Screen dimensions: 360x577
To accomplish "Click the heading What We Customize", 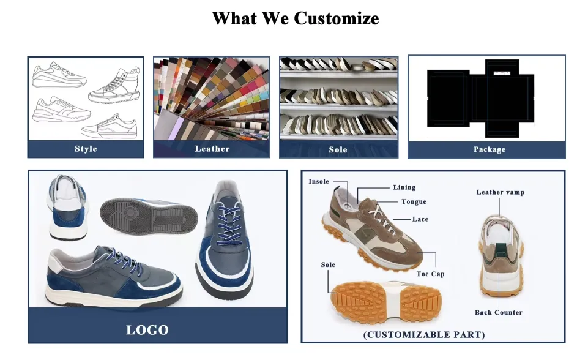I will (x=295, y=18).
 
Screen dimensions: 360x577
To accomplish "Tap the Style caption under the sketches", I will (x=86, y=149).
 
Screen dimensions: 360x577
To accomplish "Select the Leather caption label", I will (x=212, y=149).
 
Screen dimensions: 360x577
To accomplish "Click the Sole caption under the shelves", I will (x=338, y=149).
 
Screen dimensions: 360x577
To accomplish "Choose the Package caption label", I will (x=489, y=149).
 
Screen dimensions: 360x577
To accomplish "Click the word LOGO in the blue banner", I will (x=147, y=330).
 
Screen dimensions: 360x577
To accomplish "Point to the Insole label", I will (x=319, y=182).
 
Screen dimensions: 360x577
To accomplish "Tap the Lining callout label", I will (x=404, y=187).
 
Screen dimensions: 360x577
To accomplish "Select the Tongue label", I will (x=414, y=202).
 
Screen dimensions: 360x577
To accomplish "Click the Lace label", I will (x=420, y=219).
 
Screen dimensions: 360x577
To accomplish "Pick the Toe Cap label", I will (x=430, y=274).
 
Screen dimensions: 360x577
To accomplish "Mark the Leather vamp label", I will (x=500, y=192).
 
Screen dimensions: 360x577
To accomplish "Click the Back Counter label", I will (x=498, y=312).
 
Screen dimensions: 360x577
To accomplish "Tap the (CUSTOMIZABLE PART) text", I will (x=424, y=335).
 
